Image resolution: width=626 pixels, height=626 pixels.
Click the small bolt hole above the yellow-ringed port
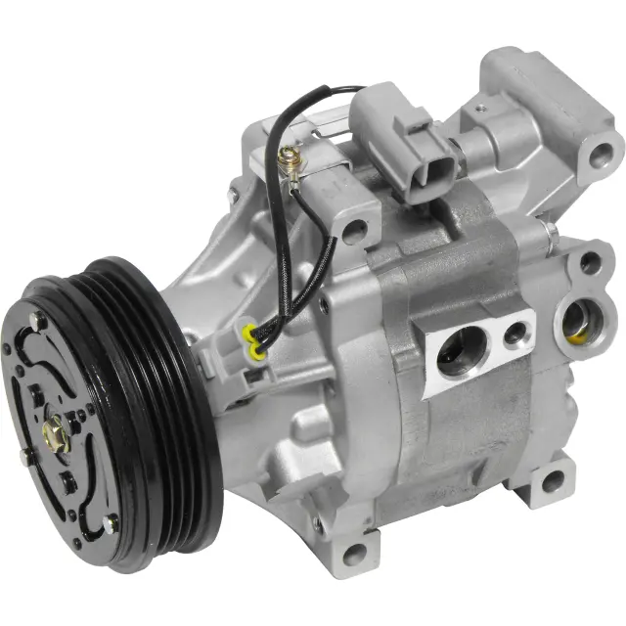pos(590,262)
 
